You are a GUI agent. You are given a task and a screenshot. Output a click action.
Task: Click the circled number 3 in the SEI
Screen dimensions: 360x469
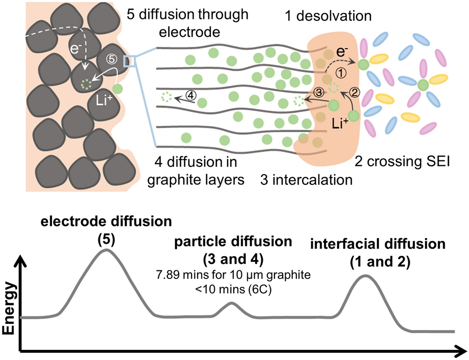[x=319, y=91]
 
